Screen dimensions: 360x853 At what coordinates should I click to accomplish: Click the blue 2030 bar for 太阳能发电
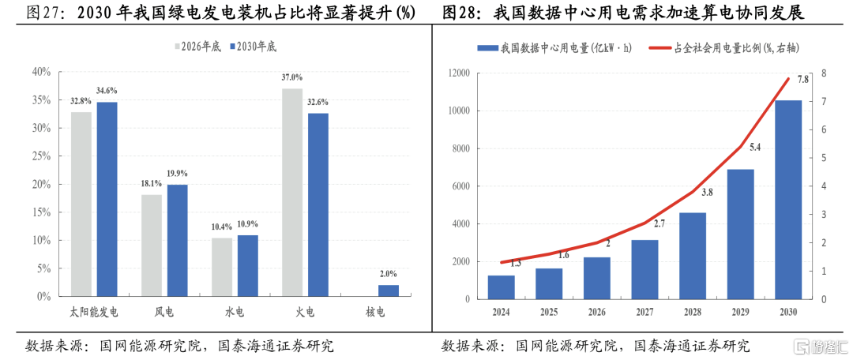click(x=107, y=199)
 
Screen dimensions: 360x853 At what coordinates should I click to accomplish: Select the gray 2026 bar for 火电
click(x=292, y=193)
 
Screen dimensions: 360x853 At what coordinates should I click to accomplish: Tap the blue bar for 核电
click(x=389, y=291)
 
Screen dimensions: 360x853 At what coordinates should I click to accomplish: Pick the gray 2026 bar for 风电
click(x=152, y=246)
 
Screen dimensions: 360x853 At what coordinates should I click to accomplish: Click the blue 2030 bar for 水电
click(x=248, y=265)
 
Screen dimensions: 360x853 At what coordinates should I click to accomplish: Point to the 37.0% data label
click(x=292, y=77)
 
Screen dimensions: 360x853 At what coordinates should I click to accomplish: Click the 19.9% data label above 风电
click(x=178, y=174)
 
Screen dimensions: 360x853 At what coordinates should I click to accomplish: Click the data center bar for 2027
click(x=644, y=269)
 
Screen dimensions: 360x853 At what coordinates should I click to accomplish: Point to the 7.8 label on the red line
click(x=802, y=79)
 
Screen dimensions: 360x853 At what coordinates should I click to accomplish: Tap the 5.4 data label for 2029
click(x=755, y=148)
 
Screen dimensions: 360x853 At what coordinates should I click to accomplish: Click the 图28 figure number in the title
click(x=460, y=13)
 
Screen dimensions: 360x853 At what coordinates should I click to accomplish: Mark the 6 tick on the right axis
click(x=824, y=129)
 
